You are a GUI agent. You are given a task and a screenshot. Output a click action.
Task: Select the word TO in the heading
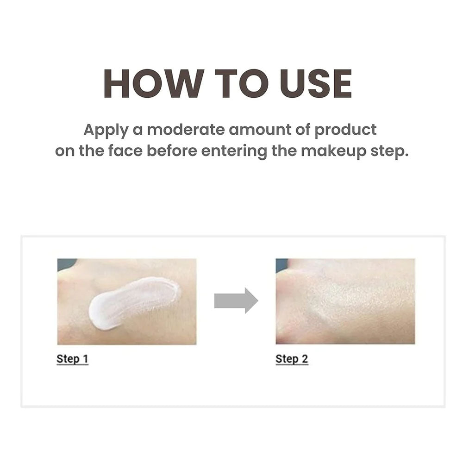(x=234, y=84)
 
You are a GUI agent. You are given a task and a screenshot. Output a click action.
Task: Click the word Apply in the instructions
(x=105, y=130)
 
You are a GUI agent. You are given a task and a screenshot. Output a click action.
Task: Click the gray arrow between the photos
(x=236, y=300)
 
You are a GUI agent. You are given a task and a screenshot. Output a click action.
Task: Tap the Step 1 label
(x=72, y=359)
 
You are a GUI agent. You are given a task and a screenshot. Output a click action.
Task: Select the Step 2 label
(x=292, y=359)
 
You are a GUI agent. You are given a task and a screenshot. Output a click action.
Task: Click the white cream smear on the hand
(x=132, y=301)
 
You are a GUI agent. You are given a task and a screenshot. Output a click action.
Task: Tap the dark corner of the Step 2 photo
(x=281, y=264)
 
